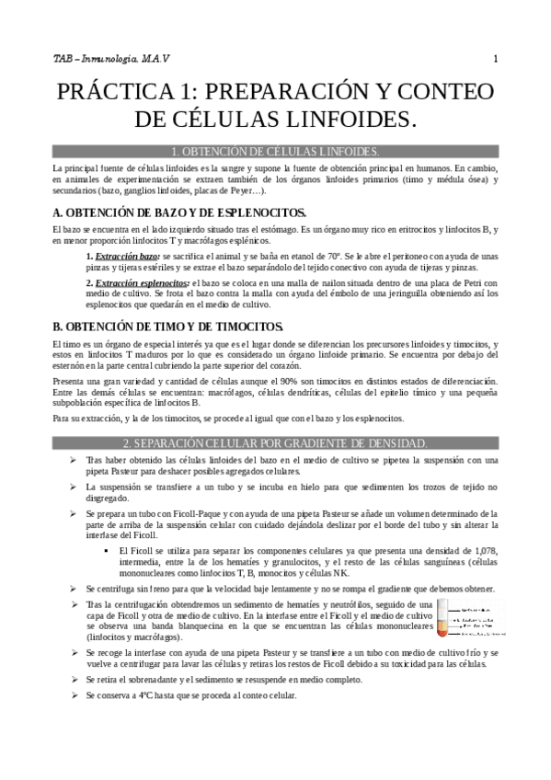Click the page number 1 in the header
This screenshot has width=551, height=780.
pos(495,60)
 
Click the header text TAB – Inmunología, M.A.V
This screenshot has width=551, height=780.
pos(111,60)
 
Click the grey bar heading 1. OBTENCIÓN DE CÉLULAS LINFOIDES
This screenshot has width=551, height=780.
pos(275,151)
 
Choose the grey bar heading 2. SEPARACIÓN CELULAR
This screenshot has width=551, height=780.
pos(275,443)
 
